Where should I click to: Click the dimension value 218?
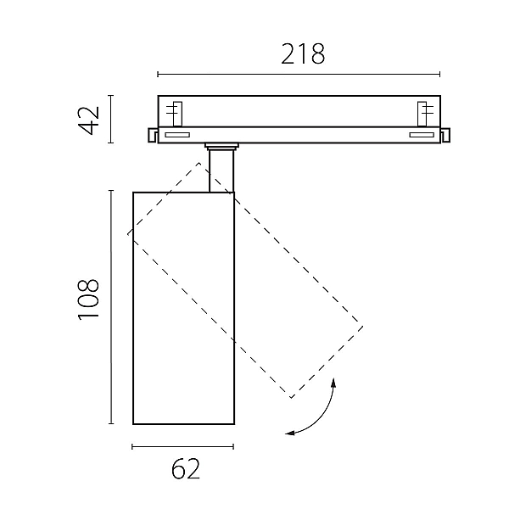coord(303,54)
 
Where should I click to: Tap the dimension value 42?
coord(88,120)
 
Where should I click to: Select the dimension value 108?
coord(88,299)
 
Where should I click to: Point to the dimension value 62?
coord(185,469)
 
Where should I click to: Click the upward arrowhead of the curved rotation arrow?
coord(333,383)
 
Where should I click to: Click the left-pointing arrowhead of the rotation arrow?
coord(290,433)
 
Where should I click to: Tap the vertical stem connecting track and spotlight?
coord(221,171)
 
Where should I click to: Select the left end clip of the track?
coord(153,135)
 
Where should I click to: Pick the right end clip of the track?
coord(445,135)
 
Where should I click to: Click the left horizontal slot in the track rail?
coord(177,135)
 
